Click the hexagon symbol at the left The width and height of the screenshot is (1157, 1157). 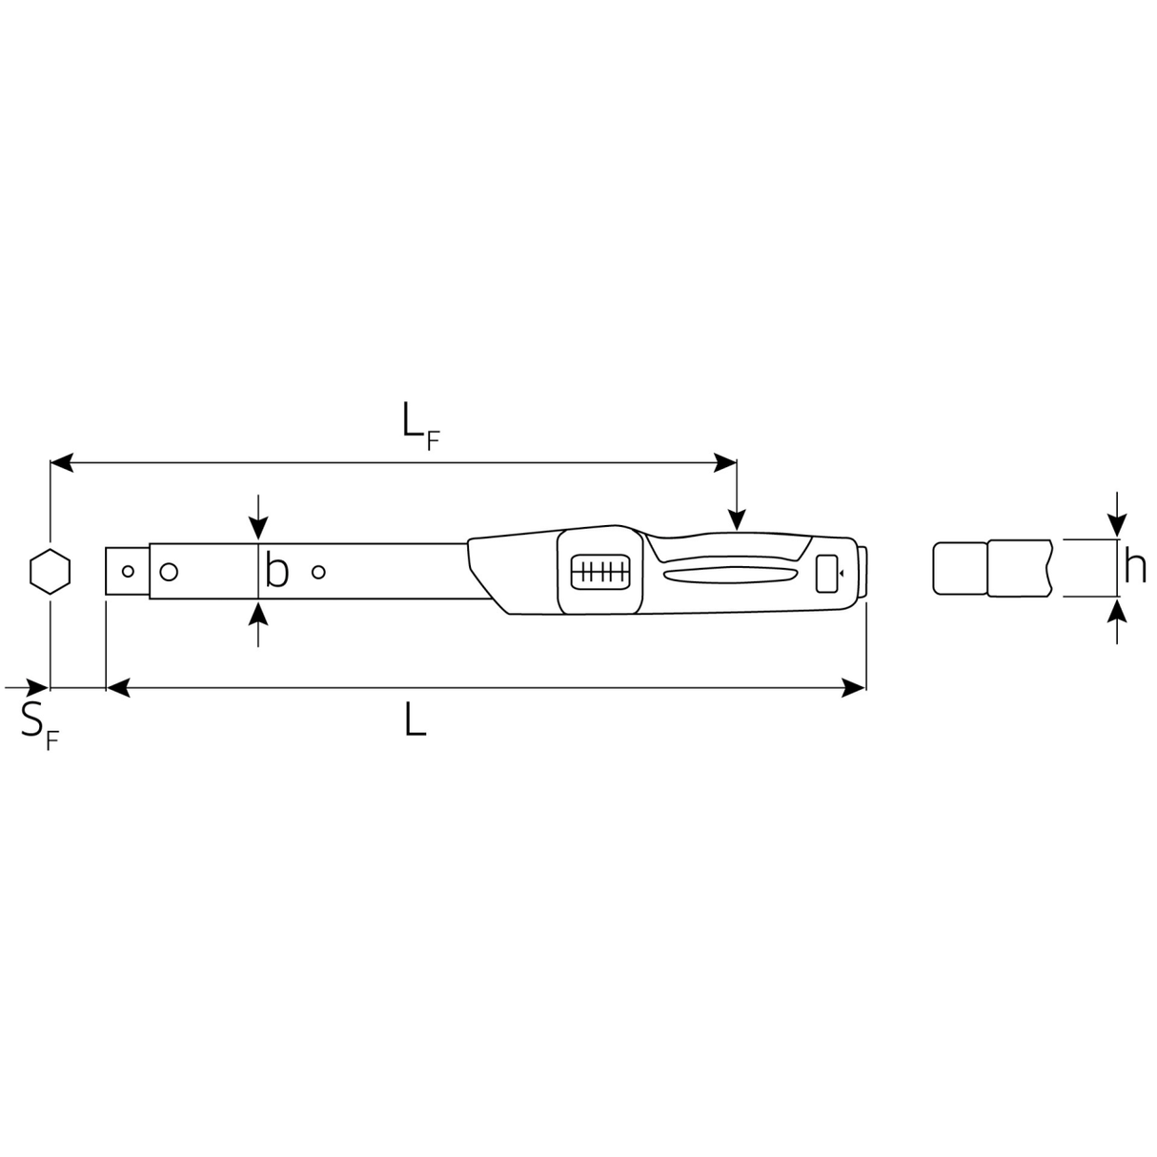pos(50,571)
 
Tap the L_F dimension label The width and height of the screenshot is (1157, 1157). pos(421,426)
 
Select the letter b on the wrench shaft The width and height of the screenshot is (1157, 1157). pos(276,571)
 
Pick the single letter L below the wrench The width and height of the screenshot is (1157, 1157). pos(415,719)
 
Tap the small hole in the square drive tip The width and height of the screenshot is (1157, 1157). pos(128,571)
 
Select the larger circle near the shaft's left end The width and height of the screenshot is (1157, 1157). pos(170,572)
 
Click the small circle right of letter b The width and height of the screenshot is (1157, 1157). pos(319,572)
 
